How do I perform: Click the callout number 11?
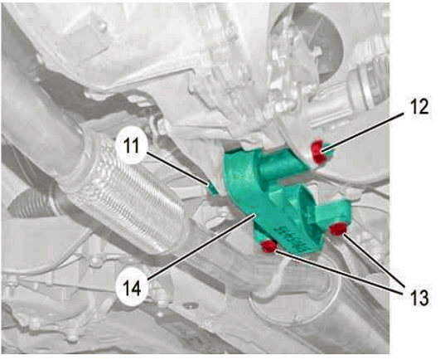click(131, 146)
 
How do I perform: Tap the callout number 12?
click(417, 107)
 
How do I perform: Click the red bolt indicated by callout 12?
click(319, 152)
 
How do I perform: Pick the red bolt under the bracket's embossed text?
click(268, 247)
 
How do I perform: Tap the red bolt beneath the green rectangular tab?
click(338, 229)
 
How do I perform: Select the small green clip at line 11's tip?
click(213, 187)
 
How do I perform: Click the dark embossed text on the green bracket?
click(293, 236)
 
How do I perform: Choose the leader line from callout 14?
click(201, 246)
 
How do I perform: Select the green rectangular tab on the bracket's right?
click(331, 212)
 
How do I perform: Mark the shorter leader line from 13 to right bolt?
click(374, 261)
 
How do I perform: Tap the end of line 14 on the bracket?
click(254, 214)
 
